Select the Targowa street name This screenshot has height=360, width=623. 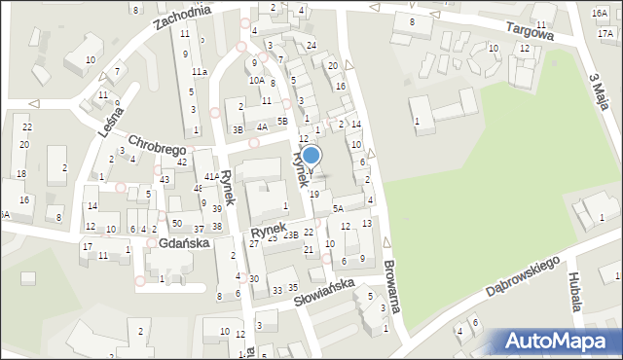point(527,31)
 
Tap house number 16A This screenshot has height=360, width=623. point(601,13)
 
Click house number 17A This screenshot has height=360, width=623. point(605,33)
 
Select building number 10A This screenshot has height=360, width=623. point(256,81)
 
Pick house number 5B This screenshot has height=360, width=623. point(282,121)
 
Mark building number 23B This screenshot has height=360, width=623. point(290,234)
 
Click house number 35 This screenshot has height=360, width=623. point(292,286)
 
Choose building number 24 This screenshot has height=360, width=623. point(311,46)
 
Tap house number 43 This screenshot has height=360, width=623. point(165,180)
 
